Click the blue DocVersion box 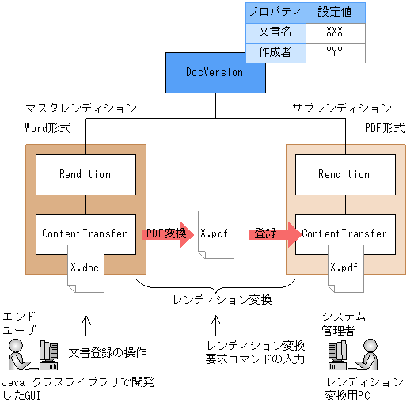click(x=215, y=72)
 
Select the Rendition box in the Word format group click(x=85, y=174)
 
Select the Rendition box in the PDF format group click(x=344, y=174)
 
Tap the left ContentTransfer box click(x=85, y=233)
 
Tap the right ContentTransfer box click(x=344, y=233)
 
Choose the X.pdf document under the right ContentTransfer click(x=344, y=268)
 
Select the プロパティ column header click(x=275, y=13)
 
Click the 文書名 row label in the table click(x=275, y=32)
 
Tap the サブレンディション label click(x=341, y=108)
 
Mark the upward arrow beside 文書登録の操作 click(x=86, y=325)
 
